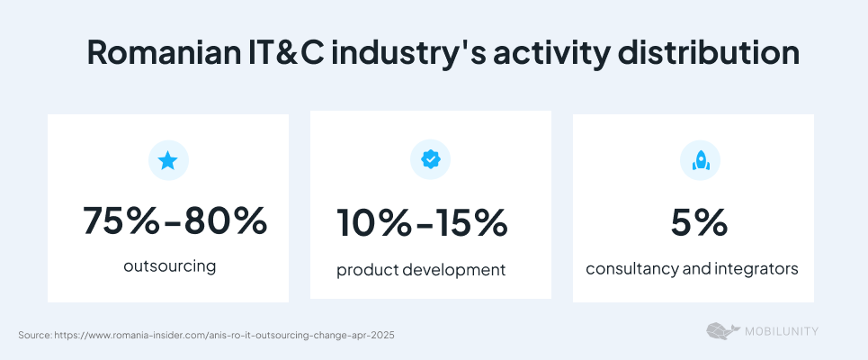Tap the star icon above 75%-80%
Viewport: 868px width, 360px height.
pos(167,161)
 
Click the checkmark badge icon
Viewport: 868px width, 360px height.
pos(431,159)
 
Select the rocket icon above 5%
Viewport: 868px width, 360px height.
pos(701,160)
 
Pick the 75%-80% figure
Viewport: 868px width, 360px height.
pos(174,221)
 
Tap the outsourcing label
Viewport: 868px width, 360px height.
pos(170,266)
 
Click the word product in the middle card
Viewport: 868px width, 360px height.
pos(366,270)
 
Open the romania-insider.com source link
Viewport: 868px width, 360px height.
pos(225,335)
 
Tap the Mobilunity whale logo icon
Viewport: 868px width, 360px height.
pos(722,331)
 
